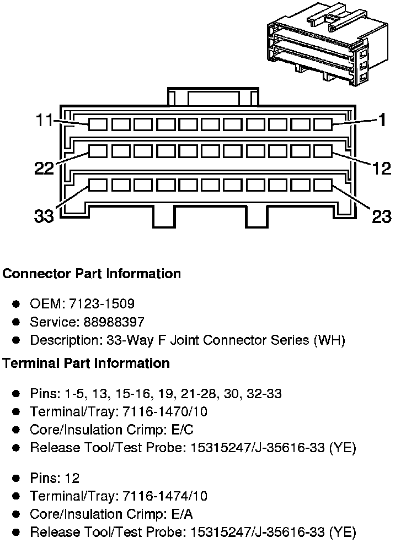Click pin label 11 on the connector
[x=44, y=120]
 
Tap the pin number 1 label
[x=381, y=120]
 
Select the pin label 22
[x=44, y=168]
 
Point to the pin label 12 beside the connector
[x=381, y=167]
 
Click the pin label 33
[x=44, y=216]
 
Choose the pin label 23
[x=381, y=216]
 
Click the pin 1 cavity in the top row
[x=323, y=124]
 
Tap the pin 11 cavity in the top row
[x=98, y=124]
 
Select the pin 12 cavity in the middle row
[x=323, y=150]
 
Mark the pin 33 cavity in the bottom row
[x=98, y=184]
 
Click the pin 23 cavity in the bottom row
[x=323, y=184]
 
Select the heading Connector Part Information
[x=92, y=274]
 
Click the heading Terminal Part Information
[x=86, y=363]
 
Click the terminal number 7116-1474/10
[x=164, y=496]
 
